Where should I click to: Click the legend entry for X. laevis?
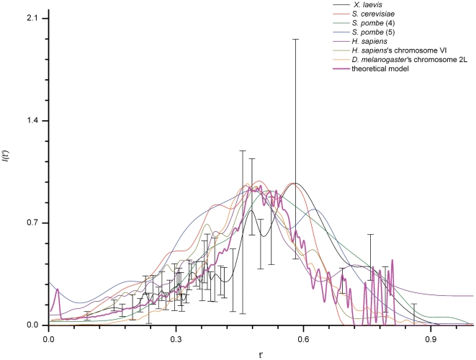(x=382, y=6)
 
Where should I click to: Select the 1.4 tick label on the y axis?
(x=33, y=121)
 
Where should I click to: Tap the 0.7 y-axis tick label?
(x=33, y=223)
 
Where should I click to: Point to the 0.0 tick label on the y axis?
(x=33, y=325)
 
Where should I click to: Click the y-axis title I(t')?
(x=6, y=171)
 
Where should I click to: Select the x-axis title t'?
(x=261, y=354)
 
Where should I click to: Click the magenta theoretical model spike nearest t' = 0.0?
(x=57, y=289)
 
